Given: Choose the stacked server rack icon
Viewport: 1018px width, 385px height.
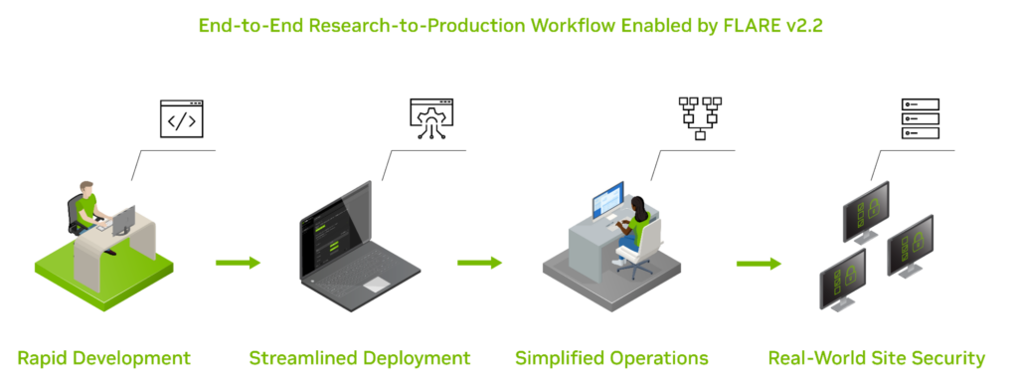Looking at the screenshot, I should click(x=920, y=118).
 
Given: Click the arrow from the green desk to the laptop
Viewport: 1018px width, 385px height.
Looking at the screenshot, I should click(x=238, y=263).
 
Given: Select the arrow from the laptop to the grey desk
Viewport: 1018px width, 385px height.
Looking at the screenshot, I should click(x=479, y=263).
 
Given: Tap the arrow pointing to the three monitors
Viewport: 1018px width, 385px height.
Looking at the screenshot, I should click(x=759, y=264).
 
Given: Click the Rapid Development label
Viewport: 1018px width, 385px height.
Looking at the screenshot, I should click(x=103, y=357).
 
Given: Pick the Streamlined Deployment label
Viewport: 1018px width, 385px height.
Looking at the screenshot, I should click(x=359, y=357).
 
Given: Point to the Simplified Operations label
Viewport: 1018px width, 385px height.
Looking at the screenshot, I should click(x=611, y=357).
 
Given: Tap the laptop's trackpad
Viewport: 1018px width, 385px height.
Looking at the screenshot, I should click(x=376, y=285).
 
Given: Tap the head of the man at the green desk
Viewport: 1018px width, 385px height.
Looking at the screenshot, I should click(x=87, y=188).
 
